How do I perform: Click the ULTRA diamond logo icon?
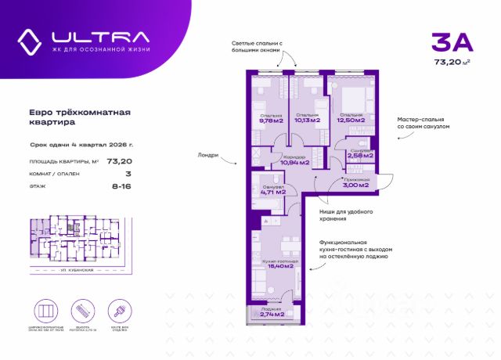(x=32, y=41)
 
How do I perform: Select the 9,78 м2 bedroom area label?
(x=271, y=121)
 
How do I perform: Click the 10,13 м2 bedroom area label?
(x=308, y=121)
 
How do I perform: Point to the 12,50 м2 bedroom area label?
(x=350, y=121)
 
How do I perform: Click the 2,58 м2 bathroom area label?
(x=360, y=155)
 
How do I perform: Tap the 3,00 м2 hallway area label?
(x=355, y=184)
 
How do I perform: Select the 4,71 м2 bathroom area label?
(x=273, y=191)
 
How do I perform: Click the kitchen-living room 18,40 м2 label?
(x=280, y=266)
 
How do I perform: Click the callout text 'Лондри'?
(x=209, y=155)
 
